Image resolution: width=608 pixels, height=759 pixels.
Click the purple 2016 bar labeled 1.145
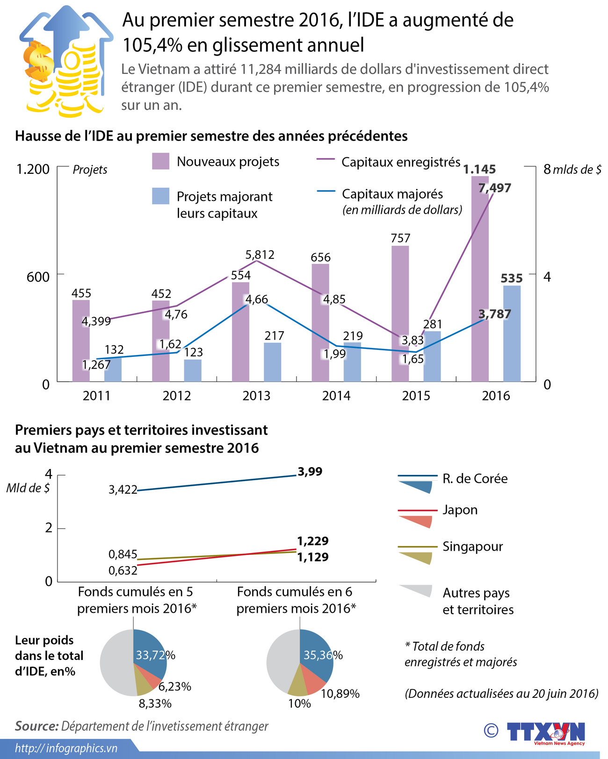point(480,280)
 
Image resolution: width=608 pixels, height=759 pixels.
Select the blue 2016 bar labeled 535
point(512,334)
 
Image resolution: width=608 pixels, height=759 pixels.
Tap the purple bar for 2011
point(80,341)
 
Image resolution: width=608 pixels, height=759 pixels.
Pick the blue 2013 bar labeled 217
point(273,362)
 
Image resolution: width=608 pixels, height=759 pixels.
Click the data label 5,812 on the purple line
point(260,255)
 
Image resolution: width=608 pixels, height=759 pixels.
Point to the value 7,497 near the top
point(495,188)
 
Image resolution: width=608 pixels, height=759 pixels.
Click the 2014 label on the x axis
point(336,396)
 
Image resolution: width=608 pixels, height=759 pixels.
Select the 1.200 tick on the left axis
point(33,169)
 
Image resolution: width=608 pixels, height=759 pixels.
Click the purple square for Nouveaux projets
point(160,161)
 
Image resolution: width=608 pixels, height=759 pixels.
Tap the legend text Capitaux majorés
point(392,194)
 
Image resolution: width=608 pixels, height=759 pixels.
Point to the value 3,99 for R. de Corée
point(310,472)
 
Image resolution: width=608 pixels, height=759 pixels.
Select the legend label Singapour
point(472,546)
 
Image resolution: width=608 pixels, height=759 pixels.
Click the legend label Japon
point(460,510)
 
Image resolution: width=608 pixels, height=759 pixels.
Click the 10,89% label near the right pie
point(340,694)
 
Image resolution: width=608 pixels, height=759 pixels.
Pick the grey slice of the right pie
point(281,661)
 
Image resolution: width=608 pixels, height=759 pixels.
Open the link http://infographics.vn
point(66,748)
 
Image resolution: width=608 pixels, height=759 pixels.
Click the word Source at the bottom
point(36,726)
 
